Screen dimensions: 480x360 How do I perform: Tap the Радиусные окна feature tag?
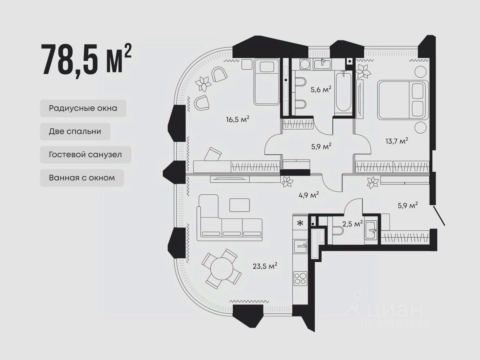click(x=83, y=108)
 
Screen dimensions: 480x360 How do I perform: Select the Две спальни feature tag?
click(x=75, y=132)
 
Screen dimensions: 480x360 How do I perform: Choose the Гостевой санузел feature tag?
click(x=86, y=155)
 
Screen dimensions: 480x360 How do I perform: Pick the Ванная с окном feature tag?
click(x=82, y=178)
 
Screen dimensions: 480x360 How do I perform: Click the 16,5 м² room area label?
click(x=238, y=120)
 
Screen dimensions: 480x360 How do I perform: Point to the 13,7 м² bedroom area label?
click(x=397, y=141)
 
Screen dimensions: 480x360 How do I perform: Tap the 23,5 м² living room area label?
click(x=265, y=266)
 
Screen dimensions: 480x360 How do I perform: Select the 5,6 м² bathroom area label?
click(x=321, y=89)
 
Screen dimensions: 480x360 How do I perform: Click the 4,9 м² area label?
click(x=308, y=194)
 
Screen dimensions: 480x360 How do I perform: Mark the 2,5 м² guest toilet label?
click(x=352, y=224)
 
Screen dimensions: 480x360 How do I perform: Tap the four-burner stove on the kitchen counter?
click(x=300, y=278)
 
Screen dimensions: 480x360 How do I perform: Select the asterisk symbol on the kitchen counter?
click(x=301, y=223)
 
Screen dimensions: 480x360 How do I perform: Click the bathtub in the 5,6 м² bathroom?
click(x=344, y=92)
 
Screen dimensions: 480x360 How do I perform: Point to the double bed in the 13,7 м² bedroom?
click(x=403, y=100)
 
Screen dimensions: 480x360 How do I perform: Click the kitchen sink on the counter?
click(x=300, y=246)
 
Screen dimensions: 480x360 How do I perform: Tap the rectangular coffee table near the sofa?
click(x=240, y=205)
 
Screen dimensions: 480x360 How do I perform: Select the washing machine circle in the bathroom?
click(x=305, y=64)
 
